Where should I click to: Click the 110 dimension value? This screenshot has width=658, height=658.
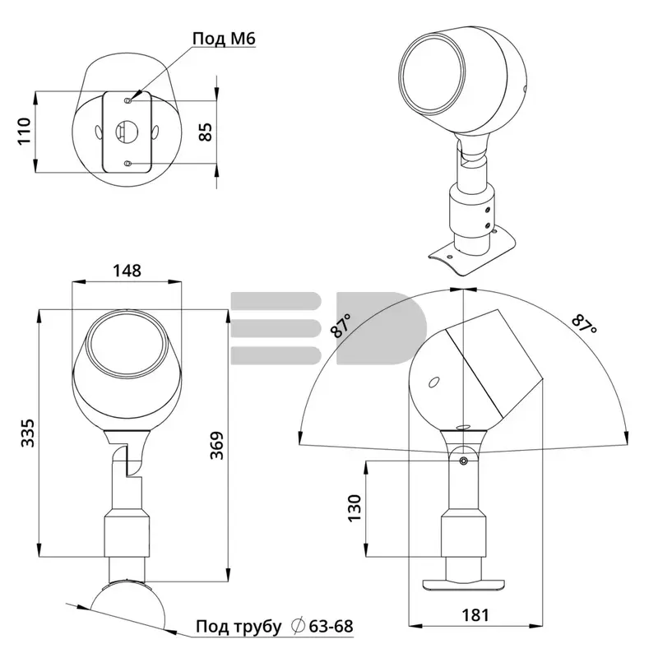[x=25, y=132]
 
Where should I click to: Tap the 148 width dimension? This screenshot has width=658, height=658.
[x=127, y=271]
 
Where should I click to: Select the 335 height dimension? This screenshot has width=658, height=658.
[x=28, y=433]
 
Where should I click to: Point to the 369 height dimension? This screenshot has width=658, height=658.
[x=216, y=445]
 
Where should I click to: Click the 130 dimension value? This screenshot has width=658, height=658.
[x=354, y=508]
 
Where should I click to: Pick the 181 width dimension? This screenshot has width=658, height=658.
[x=475, y=615]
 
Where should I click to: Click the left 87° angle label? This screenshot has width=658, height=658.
[x=341, y=326]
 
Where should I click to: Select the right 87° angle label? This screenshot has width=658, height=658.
[x=584, y=323]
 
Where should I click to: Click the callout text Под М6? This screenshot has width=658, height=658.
[x=224, y=39]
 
